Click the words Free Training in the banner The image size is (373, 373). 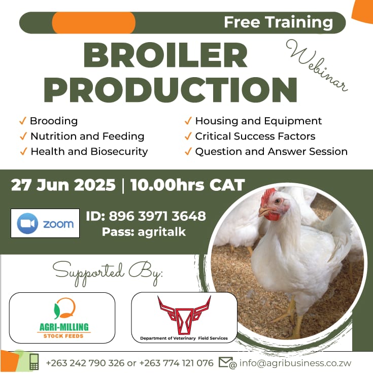[x=278, y=22]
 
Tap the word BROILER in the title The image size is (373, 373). [x=165, y=56]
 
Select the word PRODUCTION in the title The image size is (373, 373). [x=170, y=89]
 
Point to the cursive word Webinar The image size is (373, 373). [x=317, y=66]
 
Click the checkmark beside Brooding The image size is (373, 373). [x=22, y=121]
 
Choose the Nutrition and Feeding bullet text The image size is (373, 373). [x=87, y=136]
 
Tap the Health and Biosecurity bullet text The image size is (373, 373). [x=89, y=151]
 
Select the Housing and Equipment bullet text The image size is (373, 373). [x=258, y=121]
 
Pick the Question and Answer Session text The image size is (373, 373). [x=271, y=151]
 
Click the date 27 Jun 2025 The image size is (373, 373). [x=63, y=185]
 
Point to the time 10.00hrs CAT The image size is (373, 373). [x=187, y=185]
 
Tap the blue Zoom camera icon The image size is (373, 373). [x=28, y=223]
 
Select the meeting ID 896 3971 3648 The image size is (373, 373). [x=146, y=216]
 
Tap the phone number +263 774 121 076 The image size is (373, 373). [x=177, y=363]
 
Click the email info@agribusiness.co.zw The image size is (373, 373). [x=295, y=363]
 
